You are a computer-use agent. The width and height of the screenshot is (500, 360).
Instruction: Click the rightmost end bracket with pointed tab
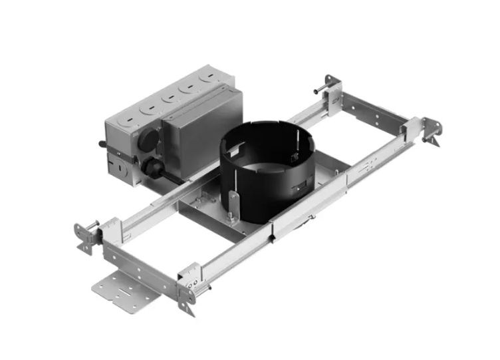click(433, 130)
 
